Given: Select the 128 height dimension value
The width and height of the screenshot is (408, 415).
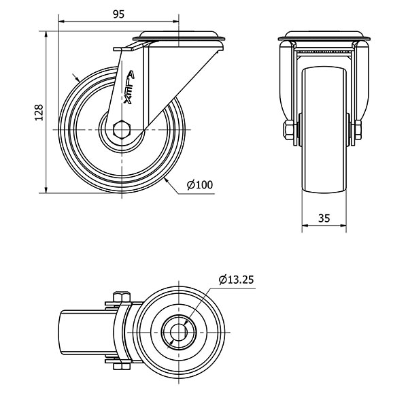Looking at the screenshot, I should pyautogui.click(x=39, y=112).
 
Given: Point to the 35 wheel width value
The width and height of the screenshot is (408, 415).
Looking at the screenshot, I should pyautogui.click(x=324, y=218).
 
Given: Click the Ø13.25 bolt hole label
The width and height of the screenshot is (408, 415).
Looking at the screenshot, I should pyautogui.click(x=237, y=279).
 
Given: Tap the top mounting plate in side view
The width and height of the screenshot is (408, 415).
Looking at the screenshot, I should pyautogui.click(x=181, y=35).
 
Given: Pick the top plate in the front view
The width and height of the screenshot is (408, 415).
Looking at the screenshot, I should pyautogui.click(x=324, y=35).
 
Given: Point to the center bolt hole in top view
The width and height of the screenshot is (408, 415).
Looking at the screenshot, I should pyautogui.click(x=178, y=332).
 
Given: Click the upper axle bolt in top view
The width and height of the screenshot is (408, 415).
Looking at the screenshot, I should pyautogui.click(x=122, y=297).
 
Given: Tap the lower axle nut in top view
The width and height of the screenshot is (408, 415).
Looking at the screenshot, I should pyautogui.click(x=122, y=367).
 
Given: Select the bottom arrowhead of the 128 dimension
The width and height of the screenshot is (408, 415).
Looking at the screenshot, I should pyautogui.click(x=46, y=190).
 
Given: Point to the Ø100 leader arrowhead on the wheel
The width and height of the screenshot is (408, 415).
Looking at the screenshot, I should pyautogui.click(x=165, y=179).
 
